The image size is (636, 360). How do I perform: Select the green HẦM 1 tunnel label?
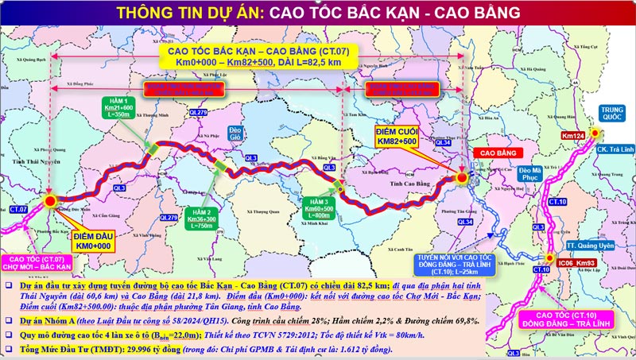point(116,110)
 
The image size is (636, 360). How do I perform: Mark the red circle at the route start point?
point(51,202)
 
